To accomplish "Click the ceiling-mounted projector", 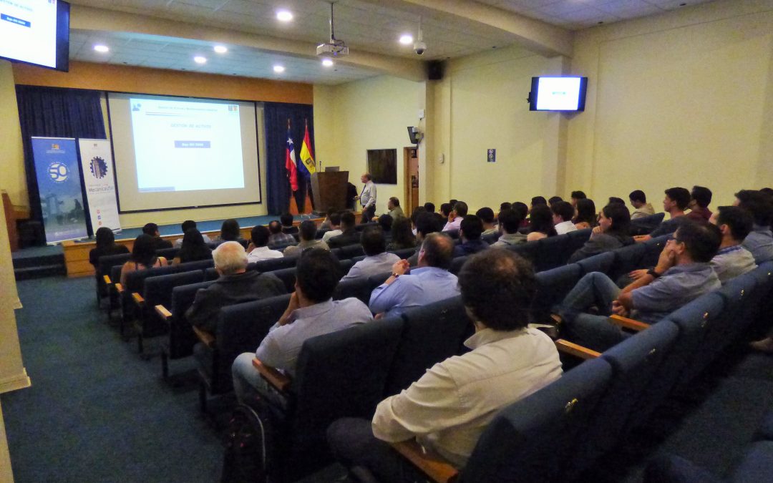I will tap(332, 49).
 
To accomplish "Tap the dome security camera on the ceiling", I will tap(419, 47).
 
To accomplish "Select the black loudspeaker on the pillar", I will tap(434, 69).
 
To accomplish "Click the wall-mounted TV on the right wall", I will tap(558, 94).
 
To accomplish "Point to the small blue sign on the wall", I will tap(491, 155).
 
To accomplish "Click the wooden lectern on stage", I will tap(331, 190).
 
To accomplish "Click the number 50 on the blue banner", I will tap(58, 172).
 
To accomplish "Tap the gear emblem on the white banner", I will tap(98, 167).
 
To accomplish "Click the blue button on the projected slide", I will tap(192, 144).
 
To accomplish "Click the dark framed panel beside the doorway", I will tap(381, 166).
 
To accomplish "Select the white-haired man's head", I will tap(230, 258).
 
